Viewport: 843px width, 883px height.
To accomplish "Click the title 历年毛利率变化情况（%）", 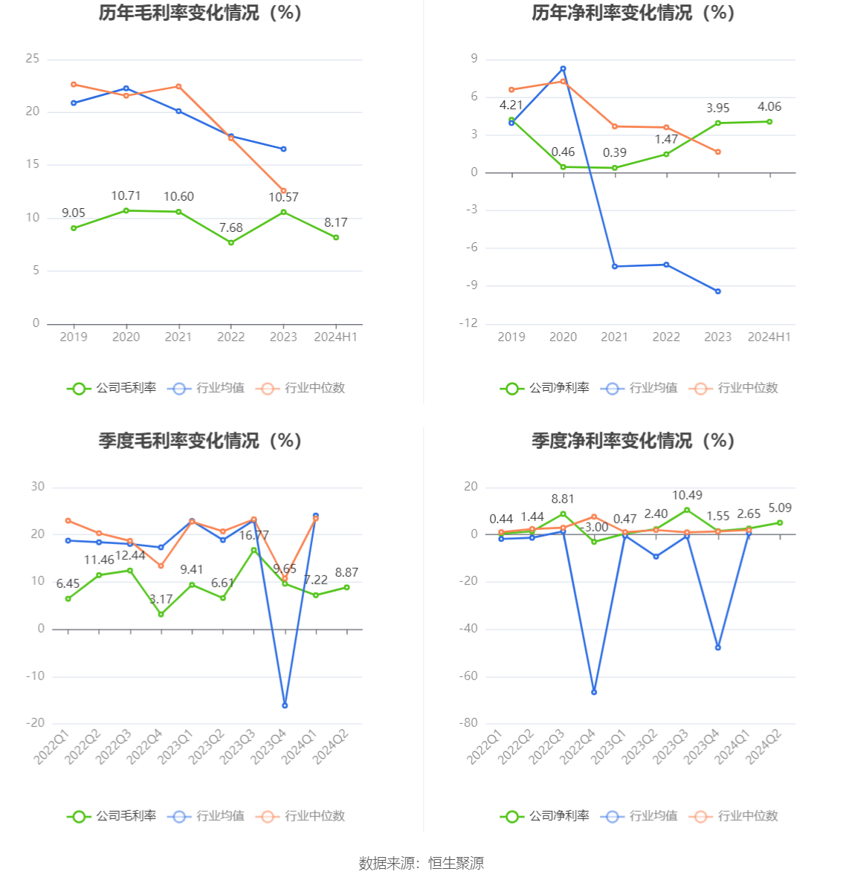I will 200,13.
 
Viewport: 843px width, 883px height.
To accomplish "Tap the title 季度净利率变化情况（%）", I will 633,441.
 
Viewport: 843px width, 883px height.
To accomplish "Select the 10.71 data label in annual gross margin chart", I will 126,196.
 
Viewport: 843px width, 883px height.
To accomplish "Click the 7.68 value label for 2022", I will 231,228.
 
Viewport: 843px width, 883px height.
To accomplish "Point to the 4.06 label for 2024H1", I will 769,107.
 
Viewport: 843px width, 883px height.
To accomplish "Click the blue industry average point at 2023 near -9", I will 718,291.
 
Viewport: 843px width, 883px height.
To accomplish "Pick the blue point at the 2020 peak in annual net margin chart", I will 563,68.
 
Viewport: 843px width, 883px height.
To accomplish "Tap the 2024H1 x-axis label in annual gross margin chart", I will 336,337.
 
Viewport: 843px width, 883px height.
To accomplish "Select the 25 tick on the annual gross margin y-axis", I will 33,59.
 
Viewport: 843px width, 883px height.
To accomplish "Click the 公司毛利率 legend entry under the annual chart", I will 112,388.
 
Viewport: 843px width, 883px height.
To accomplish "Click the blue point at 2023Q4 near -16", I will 285,705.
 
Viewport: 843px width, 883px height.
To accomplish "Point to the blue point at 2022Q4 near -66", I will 594,692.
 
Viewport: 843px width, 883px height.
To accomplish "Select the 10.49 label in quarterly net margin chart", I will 687,496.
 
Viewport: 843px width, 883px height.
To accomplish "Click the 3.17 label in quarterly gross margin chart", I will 161,600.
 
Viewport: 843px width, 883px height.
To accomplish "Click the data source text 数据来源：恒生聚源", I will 421,864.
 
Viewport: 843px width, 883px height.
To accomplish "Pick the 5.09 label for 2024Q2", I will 780,508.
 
